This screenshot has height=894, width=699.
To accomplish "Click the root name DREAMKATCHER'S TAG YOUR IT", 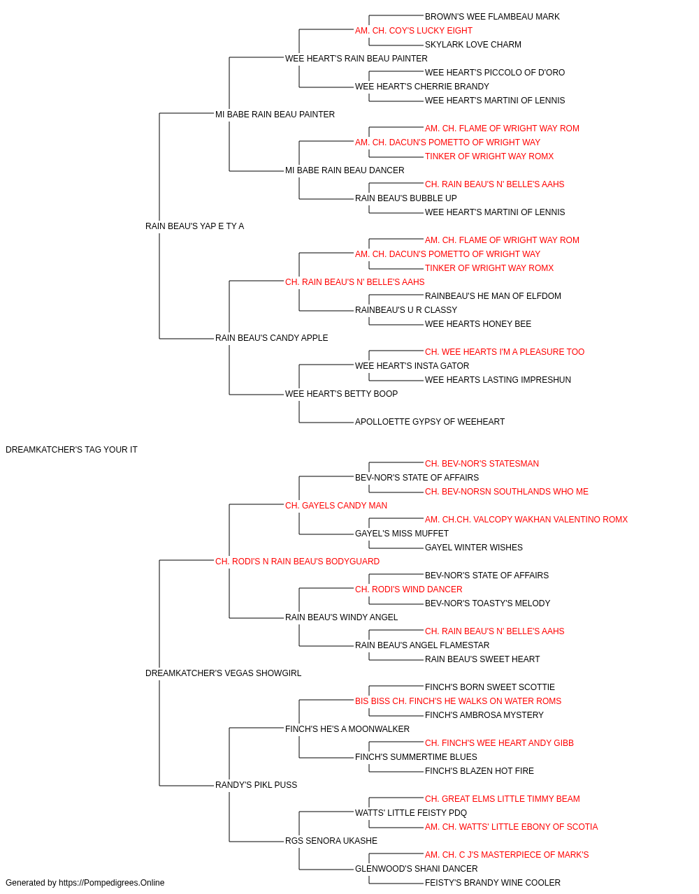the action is tap(71, 449).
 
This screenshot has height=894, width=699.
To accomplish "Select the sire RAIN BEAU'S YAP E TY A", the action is tap(194, 226).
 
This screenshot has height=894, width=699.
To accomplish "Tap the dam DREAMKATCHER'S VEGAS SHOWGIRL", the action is tap(223, 673).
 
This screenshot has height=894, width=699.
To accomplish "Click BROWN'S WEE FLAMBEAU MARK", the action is tap(492, 17).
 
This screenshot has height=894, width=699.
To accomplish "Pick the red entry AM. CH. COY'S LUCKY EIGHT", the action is tap(413, 31).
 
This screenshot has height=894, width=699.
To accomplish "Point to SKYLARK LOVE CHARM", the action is tap(473, 45).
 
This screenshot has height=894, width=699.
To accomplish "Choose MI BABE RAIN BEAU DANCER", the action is tap(345, 170).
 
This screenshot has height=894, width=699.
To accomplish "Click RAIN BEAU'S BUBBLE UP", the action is tap(405, 198).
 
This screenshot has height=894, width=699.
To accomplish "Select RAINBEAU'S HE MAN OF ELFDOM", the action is tap(493, 296).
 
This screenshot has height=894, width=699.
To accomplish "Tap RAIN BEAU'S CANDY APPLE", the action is tap(271, 338).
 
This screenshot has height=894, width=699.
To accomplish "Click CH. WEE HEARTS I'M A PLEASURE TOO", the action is tap(504, 352).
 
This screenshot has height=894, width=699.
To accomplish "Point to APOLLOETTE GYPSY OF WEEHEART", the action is tap(429, 421).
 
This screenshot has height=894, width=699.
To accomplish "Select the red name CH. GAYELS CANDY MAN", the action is tap(336, 505).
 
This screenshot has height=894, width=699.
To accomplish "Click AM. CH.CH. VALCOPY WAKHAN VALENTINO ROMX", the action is tap(526, 519).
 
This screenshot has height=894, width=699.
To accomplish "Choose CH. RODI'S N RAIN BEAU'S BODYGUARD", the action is tap(297, 561).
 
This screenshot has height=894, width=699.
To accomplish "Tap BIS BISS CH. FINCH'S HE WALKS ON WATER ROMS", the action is tap(458, 701).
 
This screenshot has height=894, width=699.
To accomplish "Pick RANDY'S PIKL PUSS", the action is tap(256, 784).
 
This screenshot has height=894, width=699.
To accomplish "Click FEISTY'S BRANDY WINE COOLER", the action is tap(492, 883).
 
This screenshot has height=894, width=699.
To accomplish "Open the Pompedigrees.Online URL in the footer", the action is tap(111, 883).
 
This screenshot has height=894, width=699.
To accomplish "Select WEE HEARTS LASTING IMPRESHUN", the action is tap(498, 380).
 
